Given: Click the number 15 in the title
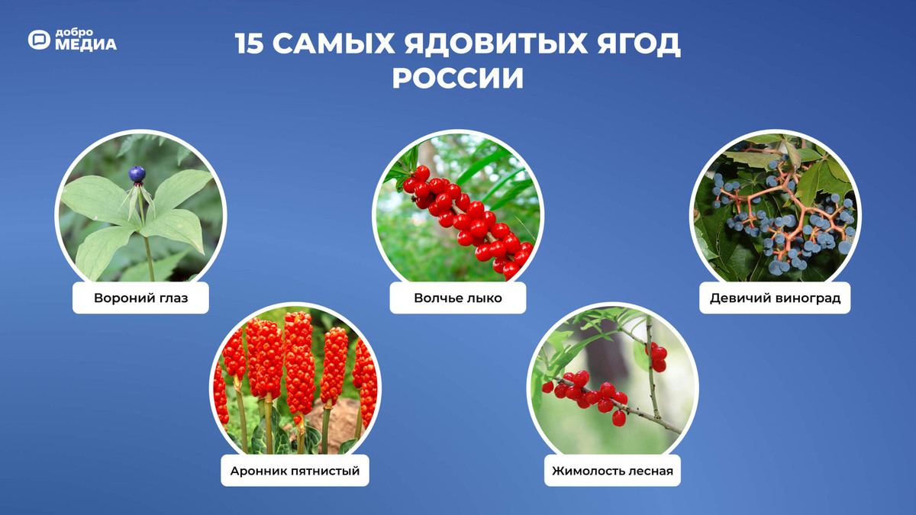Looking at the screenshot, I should [x=249, y=44].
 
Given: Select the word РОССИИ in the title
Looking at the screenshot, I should [x=458, y=79].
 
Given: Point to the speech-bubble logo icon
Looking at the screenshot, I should [x=39, y=40].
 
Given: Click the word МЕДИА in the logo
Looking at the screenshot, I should [x=85, y=45].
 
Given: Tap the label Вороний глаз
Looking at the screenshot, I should [x=140, y=298].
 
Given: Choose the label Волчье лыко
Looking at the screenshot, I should [x=458, y=298].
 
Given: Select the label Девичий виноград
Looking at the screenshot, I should [x=775, y=298].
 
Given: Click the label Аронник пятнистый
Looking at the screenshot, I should [x=295, y=471].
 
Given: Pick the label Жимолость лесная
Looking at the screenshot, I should [x=613, y=471].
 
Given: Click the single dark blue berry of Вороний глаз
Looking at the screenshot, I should [x=137, y=174].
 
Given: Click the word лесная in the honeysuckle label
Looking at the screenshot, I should [x=651, y=471].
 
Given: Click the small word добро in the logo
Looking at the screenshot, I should [x=74, y=33].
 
